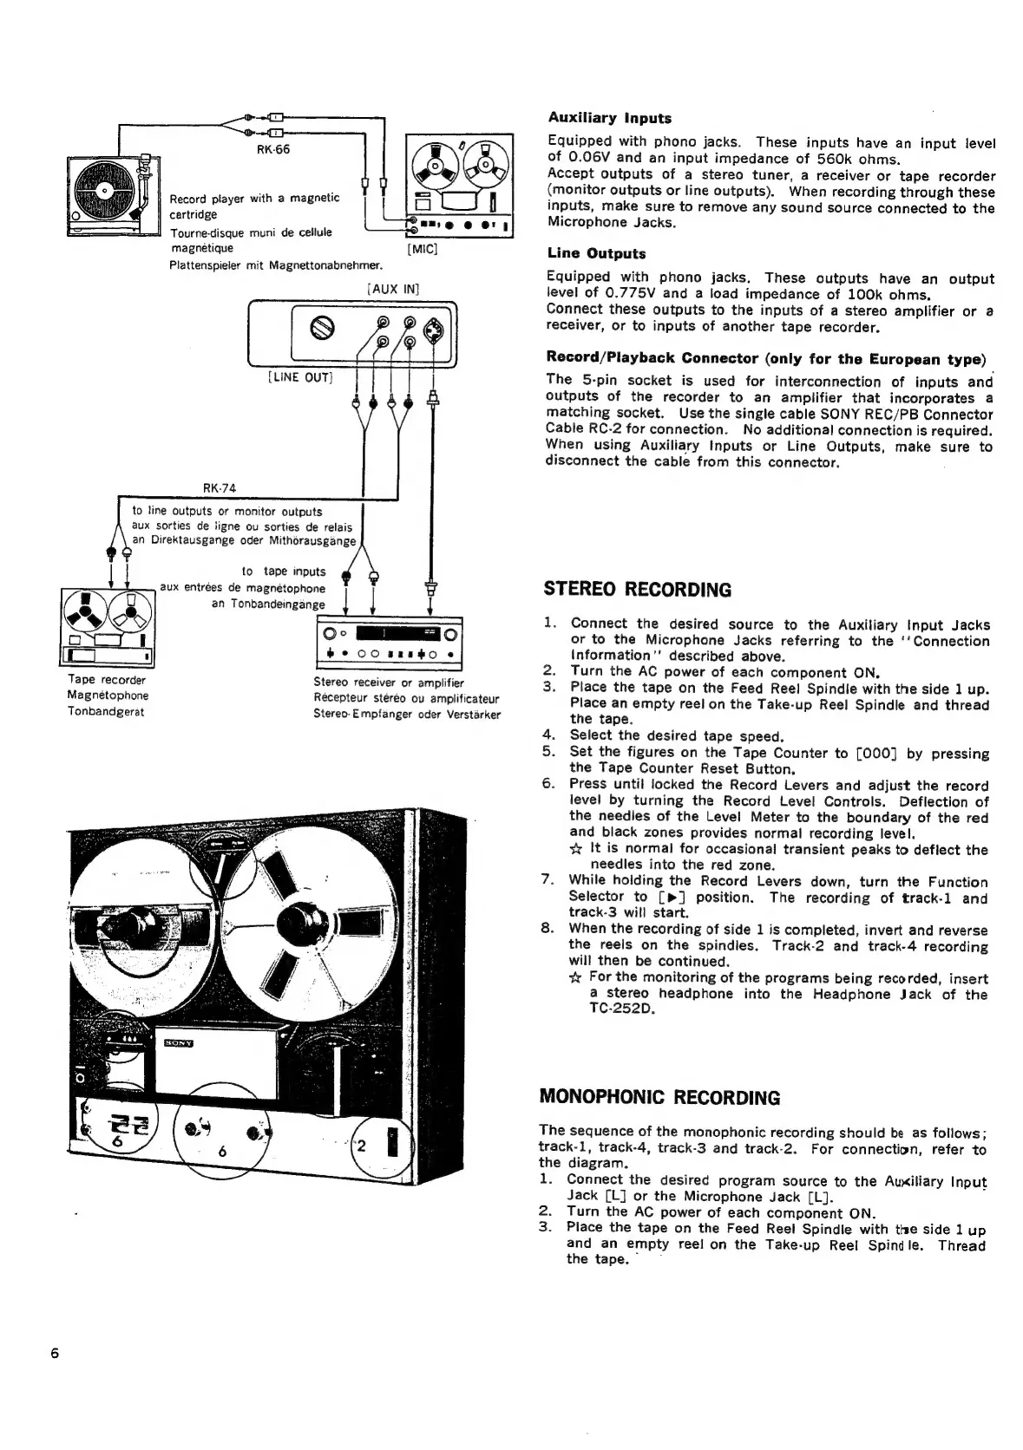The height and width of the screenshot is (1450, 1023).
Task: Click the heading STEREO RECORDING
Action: [637, 591]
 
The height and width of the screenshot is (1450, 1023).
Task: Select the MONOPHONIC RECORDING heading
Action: [659, 1098]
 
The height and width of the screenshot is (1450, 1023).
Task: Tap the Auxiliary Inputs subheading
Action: [609, 118]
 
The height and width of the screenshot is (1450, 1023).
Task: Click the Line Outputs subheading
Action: [596, 254]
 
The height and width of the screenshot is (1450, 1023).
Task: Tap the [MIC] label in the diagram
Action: [422, 250]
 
